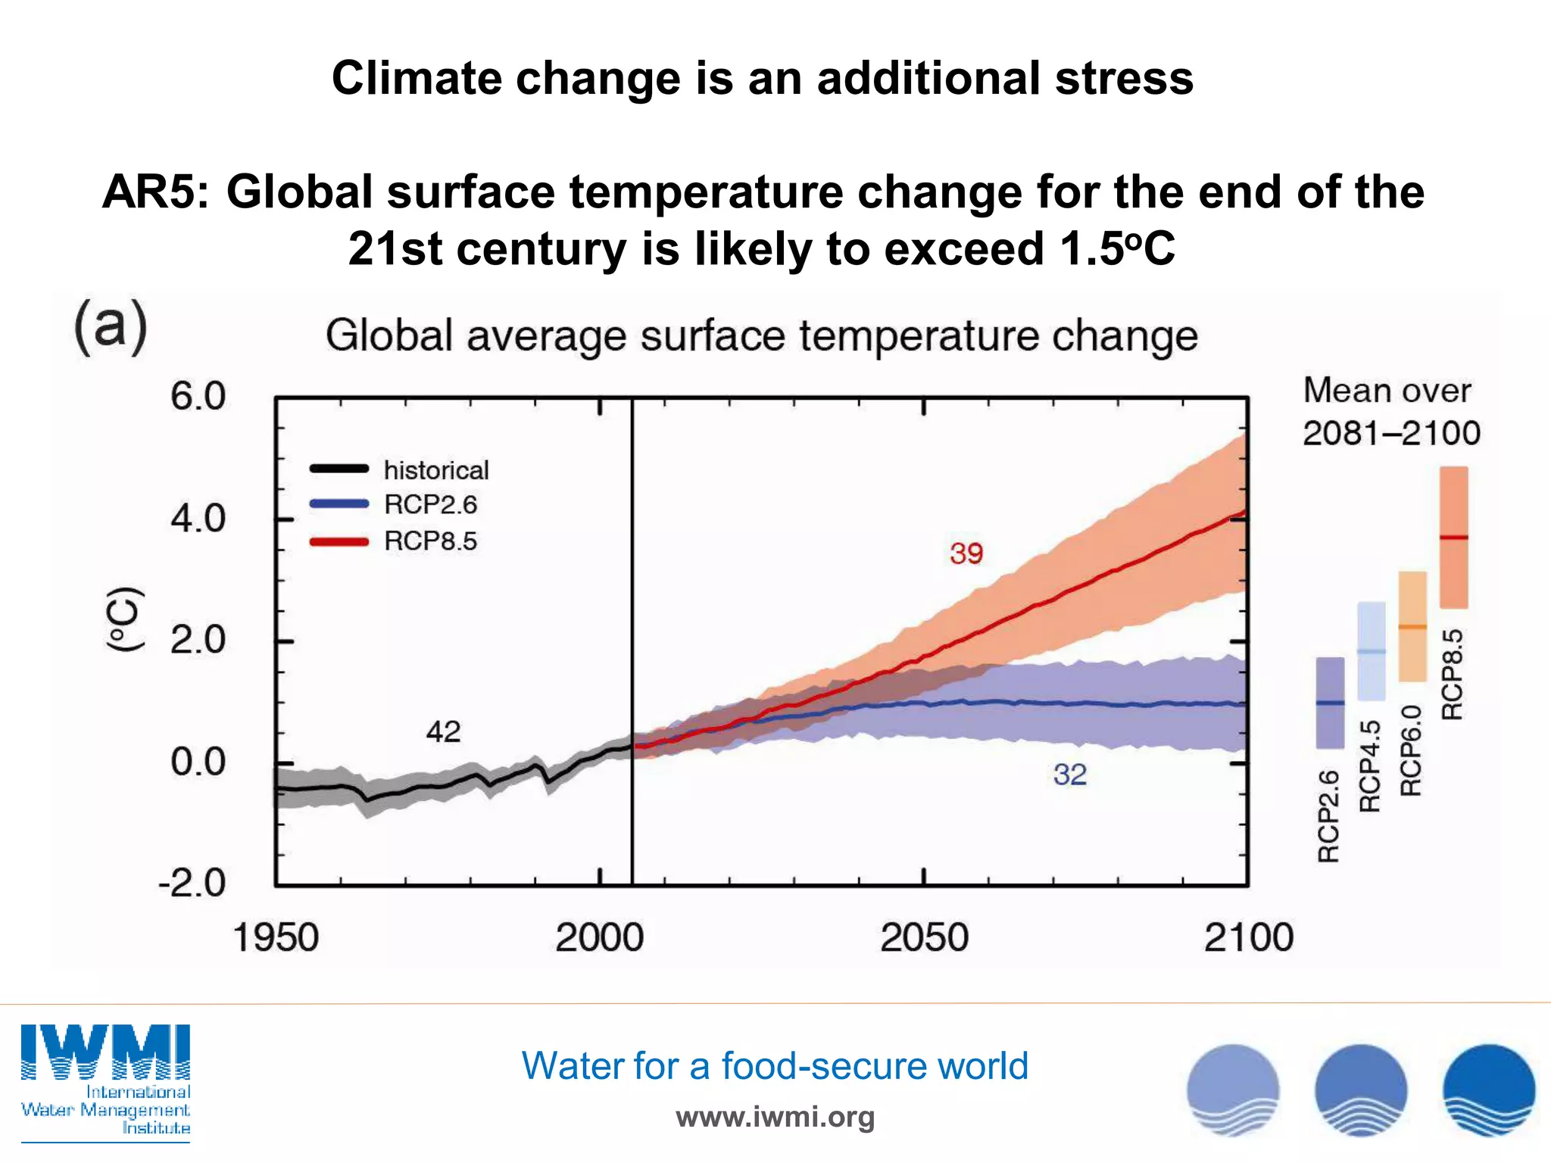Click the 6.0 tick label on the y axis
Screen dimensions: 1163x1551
coord(198,397)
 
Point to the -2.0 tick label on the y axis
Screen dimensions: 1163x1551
coord(192,884)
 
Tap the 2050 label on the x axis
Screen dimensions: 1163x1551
coord(924,937)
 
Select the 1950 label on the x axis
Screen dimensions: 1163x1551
coord(276,937)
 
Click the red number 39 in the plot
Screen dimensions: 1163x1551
coord(966,553)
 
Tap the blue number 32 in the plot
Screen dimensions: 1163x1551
coord(1069,775)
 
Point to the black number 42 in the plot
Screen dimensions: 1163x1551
coord(443,731)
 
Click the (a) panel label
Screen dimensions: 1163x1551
coord(111,326)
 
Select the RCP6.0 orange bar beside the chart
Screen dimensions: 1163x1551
coord(1412,626)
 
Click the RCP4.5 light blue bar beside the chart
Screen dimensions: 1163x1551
coord(1372,651)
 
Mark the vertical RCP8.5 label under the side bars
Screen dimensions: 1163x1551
coord(1452,675)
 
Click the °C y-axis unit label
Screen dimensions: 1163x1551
coord(123,619)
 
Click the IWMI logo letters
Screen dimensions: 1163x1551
coord(105,1052)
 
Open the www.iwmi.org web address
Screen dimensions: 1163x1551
coord(775,1117)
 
